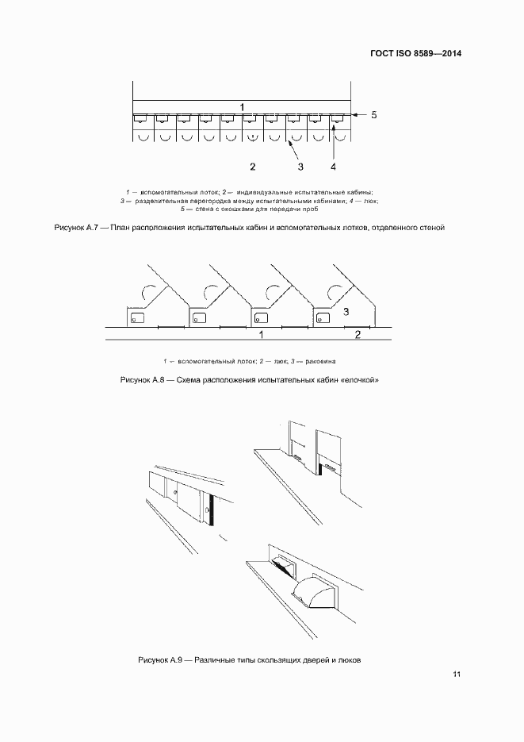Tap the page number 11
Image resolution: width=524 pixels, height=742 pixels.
[457, 675]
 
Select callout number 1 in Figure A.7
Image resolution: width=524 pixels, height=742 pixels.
[243, 106]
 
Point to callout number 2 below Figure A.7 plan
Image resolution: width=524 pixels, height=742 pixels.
[252, 167]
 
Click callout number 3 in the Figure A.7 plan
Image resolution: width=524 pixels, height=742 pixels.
[300, 167]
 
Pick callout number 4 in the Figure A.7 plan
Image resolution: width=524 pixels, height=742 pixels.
[333, 167]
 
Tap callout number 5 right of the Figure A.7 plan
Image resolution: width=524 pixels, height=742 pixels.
[374, 115]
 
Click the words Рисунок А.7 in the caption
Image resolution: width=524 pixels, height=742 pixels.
[75, 228]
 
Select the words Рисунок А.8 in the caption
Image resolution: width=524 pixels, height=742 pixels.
[142, 380]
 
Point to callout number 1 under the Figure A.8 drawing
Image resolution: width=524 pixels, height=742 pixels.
[261, 336]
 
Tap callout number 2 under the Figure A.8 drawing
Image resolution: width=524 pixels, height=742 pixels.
[358, 336]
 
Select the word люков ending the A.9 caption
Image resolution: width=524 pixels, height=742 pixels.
[348, 659]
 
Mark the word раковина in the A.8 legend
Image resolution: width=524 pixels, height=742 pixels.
[345, 361]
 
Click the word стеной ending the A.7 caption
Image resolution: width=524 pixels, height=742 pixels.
[428, 228]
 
